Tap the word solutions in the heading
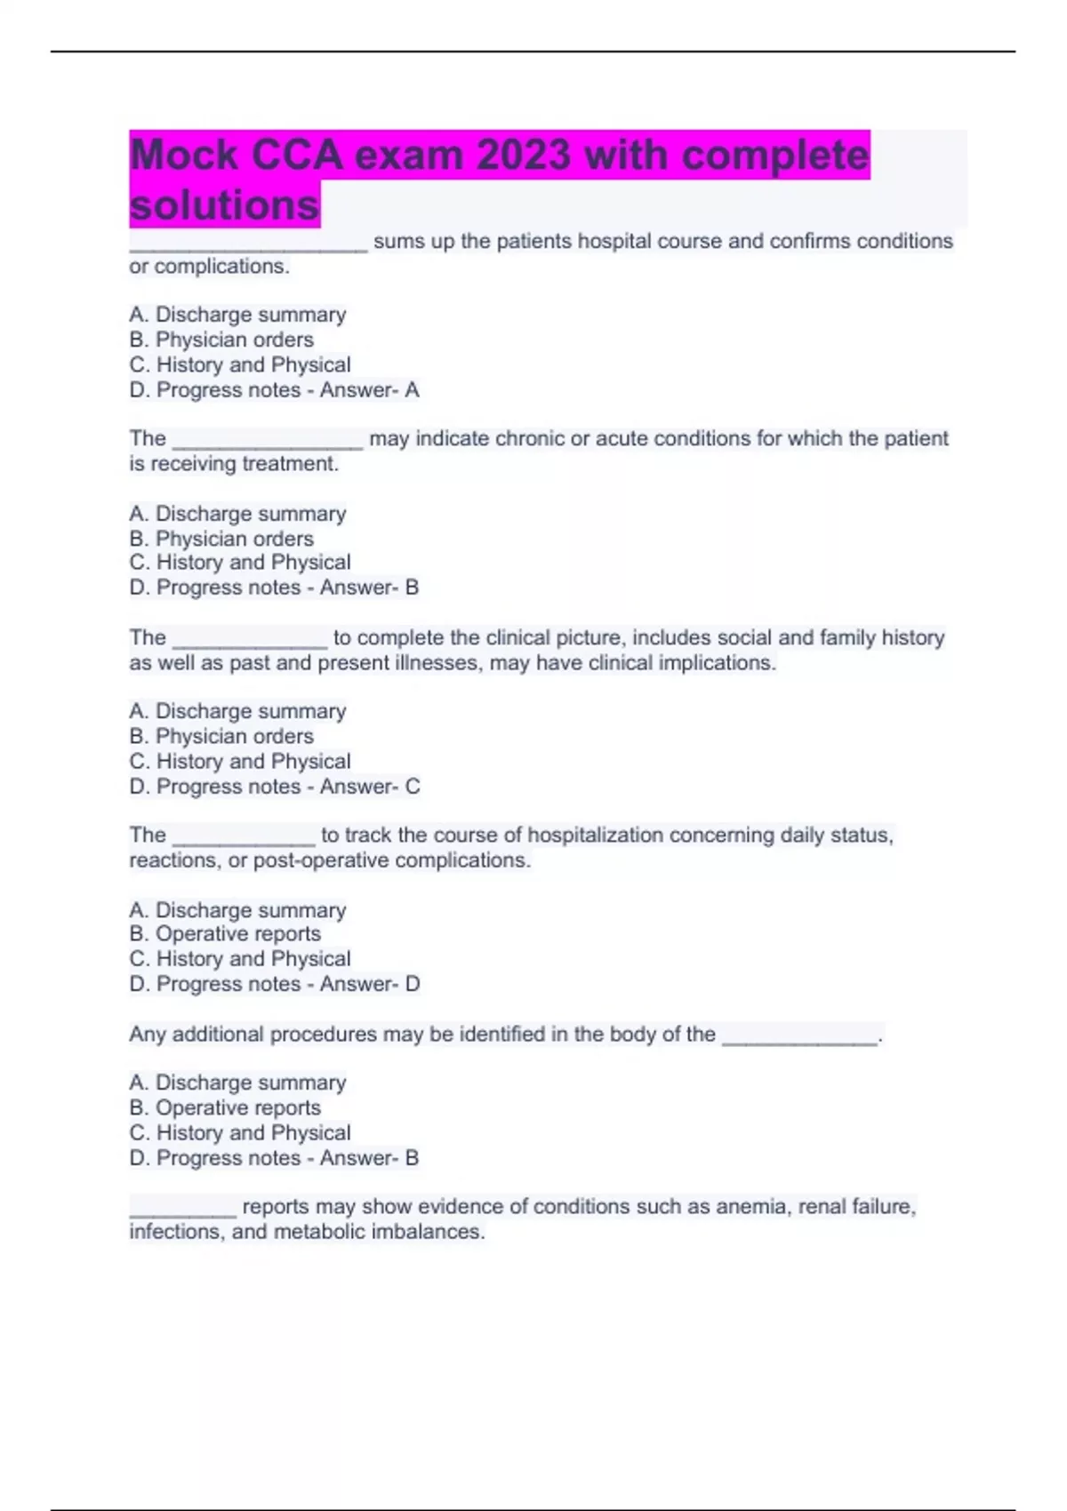click(x=224, y=205)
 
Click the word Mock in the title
click(x=183, y=155)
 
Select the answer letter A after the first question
click(x=412, y=389)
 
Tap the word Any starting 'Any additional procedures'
click(x=147, y=1034)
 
